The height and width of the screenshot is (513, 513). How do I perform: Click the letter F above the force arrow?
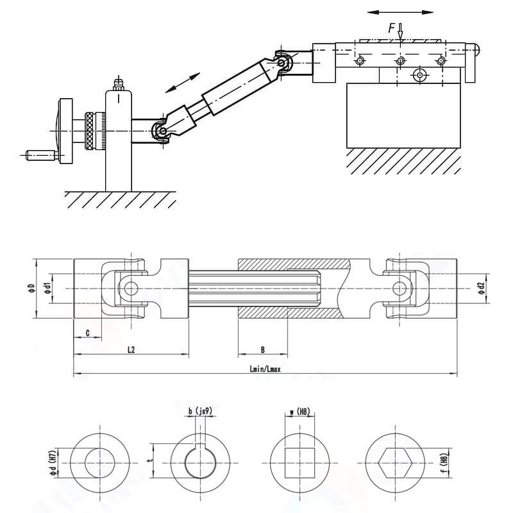pos(391,29)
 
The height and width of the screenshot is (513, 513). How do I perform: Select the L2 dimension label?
pos(131,349)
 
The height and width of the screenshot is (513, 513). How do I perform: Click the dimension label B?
pos(263,349)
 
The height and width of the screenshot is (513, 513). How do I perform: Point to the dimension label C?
pos(87,333)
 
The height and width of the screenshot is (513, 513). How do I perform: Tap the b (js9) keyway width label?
pos(200,411)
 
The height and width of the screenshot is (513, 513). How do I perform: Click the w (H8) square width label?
pos(300,411)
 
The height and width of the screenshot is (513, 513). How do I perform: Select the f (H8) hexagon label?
pos(442,464)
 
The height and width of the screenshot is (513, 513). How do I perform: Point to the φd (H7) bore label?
pos(53,464)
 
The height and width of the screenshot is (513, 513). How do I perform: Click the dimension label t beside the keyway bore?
pos(149,460)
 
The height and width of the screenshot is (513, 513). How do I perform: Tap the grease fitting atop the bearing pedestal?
pos(118,85)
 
